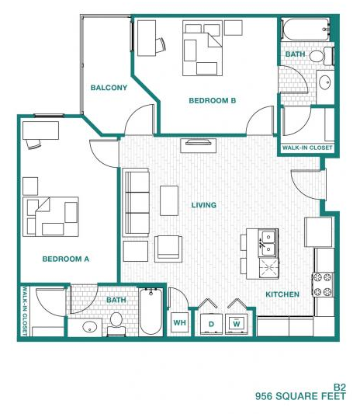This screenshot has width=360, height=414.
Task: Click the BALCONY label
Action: (109, 88)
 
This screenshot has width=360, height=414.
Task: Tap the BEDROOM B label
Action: (213, 100)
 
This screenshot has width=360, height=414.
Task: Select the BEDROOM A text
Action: (65, 259)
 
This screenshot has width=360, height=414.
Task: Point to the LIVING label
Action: (204, 205)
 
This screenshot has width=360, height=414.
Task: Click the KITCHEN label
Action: (282, 294)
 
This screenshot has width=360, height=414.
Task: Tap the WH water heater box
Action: (179, 322)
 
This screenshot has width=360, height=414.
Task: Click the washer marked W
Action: (237, 322)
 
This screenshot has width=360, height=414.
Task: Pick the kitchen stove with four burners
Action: (322, 284)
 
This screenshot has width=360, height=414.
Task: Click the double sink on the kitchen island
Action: (267, 242)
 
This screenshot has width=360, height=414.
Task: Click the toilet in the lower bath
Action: (117, 321)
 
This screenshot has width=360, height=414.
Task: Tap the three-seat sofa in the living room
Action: (137, 202)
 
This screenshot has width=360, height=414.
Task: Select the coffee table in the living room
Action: (168, 200)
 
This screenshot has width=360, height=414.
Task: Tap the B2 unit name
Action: (338, 386)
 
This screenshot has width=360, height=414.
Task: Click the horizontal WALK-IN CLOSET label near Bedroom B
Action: (306, 147)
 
